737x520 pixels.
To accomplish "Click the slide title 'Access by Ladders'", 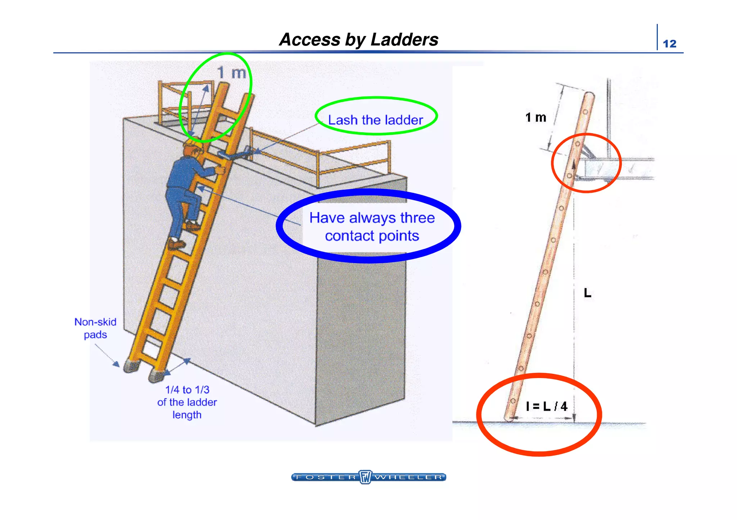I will click(359, 40).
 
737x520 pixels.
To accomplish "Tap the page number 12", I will click(669, 44).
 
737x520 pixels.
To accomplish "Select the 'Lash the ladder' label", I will click(375, 120).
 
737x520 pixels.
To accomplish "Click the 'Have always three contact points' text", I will click(372, 227).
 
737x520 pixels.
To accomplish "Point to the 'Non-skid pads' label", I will click(95, 328).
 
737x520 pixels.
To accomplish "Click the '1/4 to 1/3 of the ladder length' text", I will click(187, 402).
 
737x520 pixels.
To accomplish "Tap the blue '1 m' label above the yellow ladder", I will click(232, 73).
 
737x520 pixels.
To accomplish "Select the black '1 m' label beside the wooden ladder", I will click(535, 118).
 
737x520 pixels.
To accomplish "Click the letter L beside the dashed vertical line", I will click(587, 293).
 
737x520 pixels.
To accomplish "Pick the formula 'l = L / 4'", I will click(547, 406).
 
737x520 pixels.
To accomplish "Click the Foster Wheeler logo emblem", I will click(366, 477).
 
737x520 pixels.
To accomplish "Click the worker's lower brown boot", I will click(176, 245).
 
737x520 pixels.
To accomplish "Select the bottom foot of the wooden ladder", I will click(508, 418).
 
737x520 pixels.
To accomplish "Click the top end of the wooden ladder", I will click(589, 96).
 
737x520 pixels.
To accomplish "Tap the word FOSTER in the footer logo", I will click(326, 477).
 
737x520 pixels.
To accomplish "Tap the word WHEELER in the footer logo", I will click(408, 477).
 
